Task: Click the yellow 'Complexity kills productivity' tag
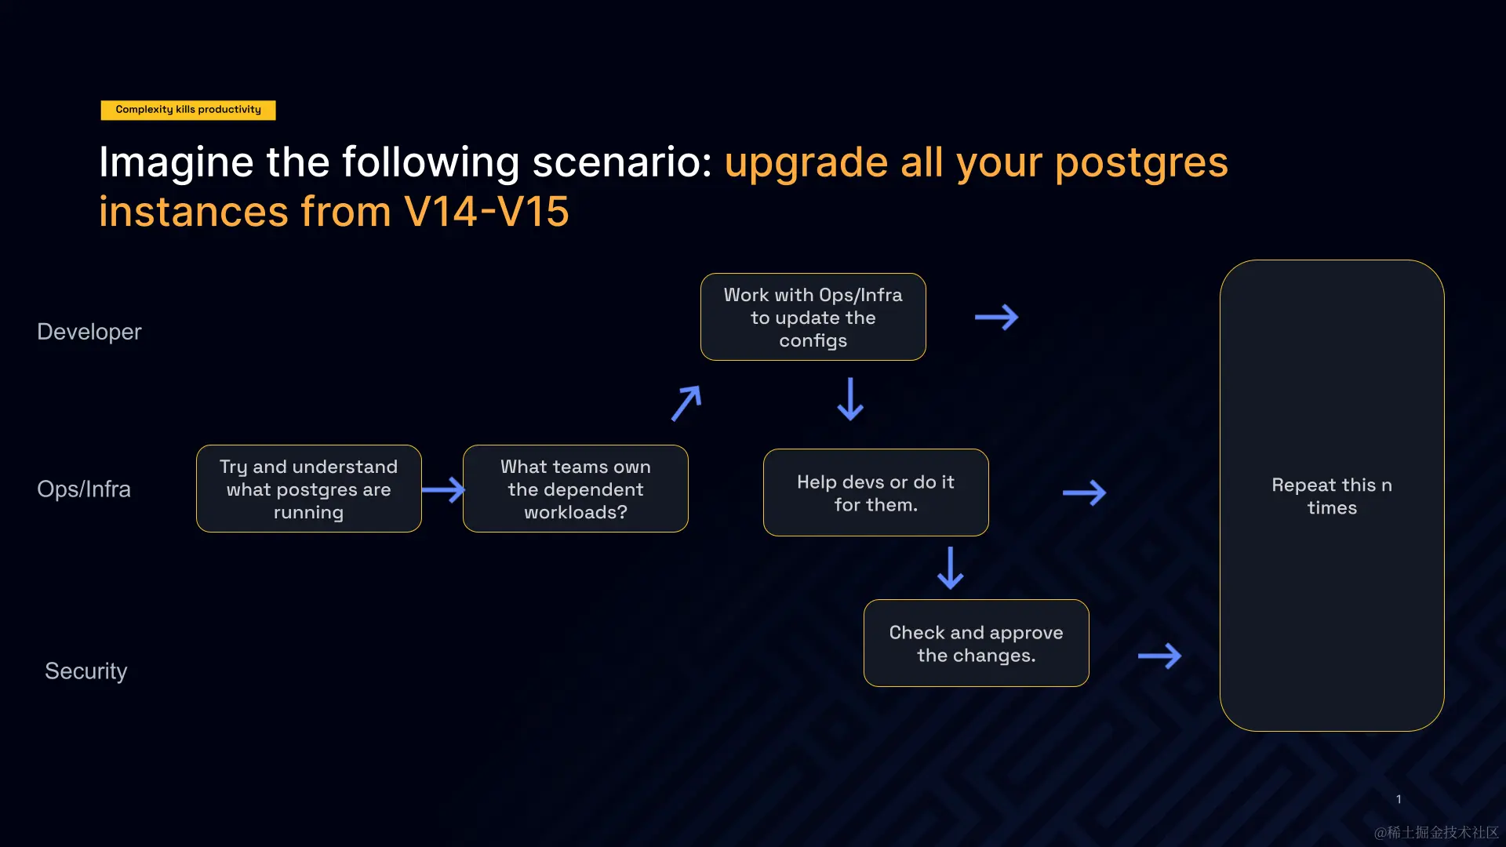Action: click(188, 110)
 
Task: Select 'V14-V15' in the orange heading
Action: click(486, 212)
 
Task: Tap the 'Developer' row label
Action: click(89, 332)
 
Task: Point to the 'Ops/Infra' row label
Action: click(84, 489)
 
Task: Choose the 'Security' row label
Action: click(86, 671)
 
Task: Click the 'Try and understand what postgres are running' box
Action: click(309, 489)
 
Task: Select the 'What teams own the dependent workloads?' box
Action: click(576, 489)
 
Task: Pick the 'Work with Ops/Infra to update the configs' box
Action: click(813, 317)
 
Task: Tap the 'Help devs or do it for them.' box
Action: click(876, 493)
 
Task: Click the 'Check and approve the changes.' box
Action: click(977, 643)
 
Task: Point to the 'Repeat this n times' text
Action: click(1332, 496)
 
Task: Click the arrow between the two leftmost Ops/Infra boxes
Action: click(443, 490)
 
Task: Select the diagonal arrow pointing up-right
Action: click(686, 402)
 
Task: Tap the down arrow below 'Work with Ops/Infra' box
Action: click(850, 398)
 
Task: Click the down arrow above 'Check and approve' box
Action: click(951, 568)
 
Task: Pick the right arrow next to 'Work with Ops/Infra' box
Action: click(996, 317)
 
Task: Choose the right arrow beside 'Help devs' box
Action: click(1084, 493)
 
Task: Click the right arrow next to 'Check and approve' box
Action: click(1159, 656)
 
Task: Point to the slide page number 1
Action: click(1399, 799)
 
